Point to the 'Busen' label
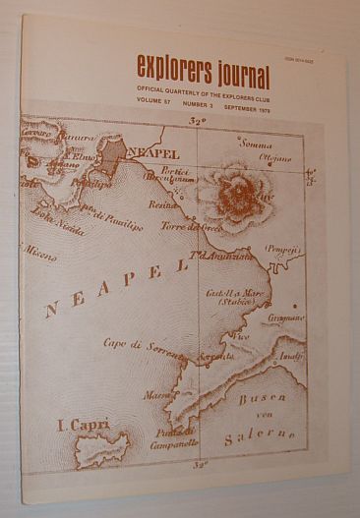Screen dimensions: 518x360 [x=261, y=398]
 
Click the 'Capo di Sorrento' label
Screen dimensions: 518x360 [x=145, y=343]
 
